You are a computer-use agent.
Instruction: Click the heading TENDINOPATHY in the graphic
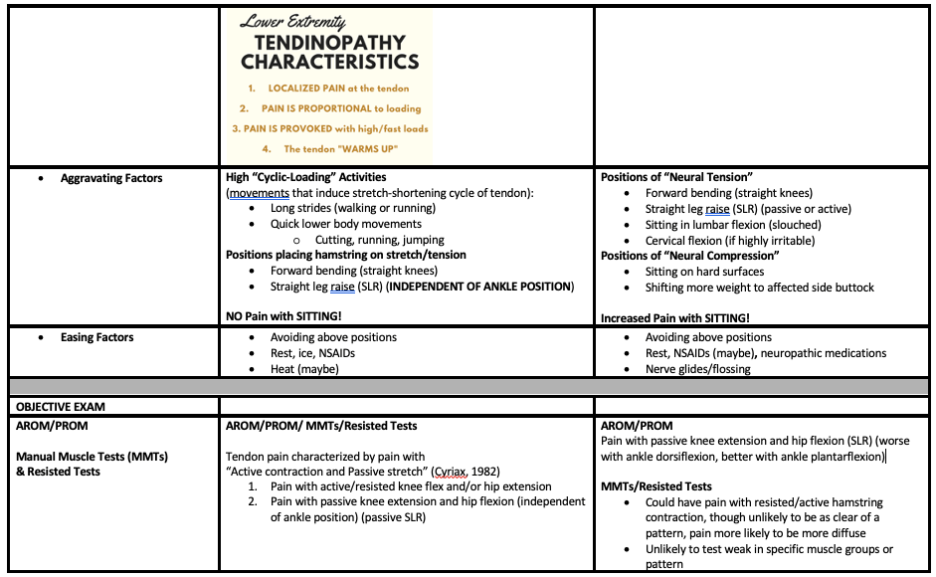click(329, 43)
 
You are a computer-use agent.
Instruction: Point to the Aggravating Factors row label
click(111, 178)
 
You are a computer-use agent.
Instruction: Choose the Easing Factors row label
click(96, 337)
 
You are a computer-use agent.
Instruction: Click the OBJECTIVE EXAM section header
click(61, 406)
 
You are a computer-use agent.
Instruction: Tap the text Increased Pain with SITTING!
click(675, 318)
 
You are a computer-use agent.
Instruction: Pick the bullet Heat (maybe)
click(304, 369)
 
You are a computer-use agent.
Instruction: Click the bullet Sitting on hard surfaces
click(704, 272)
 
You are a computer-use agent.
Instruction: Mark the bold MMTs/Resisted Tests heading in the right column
click(656, 486)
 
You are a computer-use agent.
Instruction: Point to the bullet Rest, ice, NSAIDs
click(312, 353)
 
